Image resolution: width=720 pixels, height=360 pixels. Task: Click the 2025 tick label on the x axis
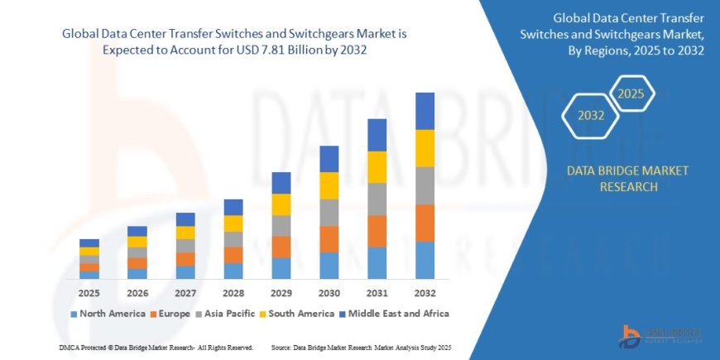pyautogui.click(x=89, y=294)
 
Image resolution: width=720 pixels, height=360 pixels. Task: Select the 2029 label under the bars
pyautogui.click(x=281, y=294)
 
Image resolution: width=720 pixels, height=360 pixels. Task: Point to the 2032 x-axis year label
pyautogui.click(x=425, y=294)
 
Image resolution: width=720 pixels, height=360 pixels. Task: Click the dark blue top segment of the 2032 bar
pyautogui.click(x=425, y=111)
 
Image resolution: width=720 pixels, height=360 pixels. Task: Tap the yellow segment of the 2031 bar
pyautogui.click(x=377, y=167)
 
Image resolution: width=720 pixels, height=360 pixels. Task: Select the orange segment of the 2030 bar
pyautogui.click(x=329, y=239)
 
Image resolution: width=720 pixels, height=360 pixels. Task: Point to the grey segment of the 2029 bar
pyautogui.click(x=281, y=226)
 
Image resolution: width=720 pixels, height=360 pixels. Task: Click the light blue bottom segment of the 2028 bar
pyautogui.click(x=233, y=271)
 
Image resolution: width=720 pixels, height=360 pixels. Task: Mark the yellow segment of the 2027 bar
pyautogui.click(x=185, y=233)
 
